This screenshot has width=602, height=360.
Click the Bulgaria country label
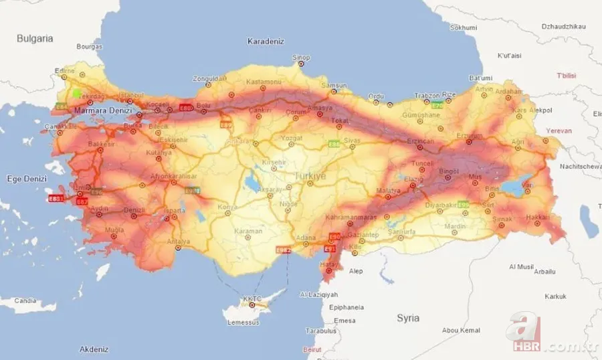[35, 39]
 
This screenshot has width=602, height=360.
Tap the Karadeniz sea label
[266, 41]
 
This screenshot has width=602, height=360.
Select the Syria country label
[408, 318]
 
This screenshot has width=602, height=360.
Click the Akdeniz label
[94, 349]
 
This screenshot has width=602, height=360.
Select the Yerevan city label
[559, 130]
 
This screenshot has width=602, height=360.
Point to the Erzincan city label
[422, 142]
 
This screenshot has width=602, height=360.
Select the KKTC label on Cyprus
[252, 299]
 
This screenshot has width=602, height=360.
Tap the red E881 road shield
[56, 199]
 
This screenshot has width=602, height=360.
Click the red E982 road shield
[284, 250]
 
